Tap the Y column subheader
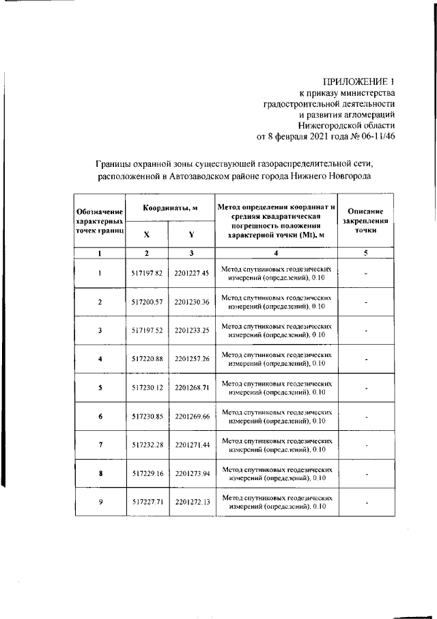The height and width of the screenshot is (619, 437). [191, 234]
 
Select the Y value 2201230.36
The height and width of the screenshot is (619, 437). [191, 302]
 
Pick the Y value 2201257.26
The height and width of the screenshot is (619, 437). [191, 359]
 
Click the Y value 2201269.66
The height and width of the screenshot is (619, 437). [191, 417]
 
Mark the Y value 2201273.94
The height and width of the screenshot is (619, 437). [191, 473]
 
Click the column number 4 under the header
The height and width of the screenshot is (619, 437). [276, 254]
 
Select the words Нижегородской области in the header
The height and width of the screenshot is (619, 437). [346, 125]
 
